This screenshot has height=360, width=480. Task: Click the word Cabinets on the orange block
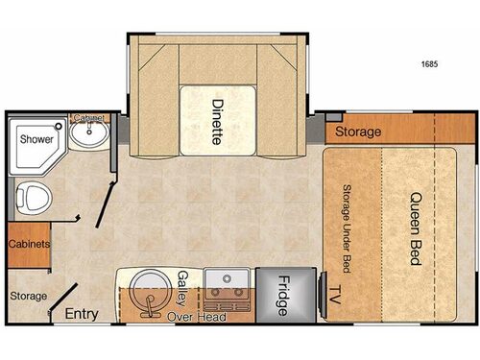(29, 244)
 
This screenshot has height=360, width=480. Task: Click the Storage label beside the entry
(27, 295)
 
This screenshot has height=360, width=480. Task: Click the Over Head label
(197, 316)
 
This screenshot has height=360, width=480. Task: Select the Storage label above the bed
(358, 132)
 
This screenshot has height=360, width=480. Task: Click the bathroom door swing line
(102, 202)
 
